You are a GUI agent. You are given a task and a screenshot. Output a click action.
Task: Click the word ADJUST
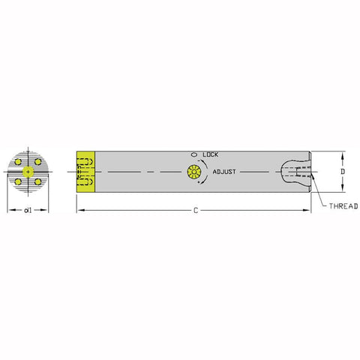224,172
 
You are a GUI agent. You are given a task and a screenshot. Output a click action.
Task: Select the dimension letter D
343,171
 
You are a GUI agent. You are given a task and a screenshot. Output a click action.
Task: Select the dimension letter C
195,211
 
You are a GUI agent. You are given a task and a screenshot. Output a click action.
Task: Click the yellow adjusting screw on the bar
193,172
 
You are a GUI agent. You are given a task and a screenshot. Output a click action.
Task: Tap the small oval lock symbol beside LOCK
194,154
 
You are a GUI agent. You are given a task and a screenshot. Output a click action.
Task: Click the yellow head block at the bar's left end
85,172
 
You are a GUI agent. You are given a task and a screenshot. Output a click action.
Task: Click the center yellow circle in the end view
27,172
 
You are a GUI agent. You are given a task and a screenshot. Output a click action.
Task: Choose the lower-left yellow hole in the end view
17,181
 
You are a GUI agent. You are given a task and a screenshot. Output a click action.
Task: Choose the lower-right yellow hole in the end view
37,181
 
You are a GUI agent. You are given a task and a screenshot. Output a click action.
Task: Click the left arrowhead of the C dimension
79,211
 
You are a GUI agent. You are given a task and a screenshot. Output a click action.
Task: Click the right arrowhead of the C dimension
307,211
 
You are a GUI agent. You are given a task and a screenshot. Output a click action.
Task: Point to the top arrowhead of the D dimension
343,155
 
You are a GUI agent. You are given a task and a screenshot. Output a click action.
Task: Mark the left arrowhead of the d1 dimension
10,211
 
